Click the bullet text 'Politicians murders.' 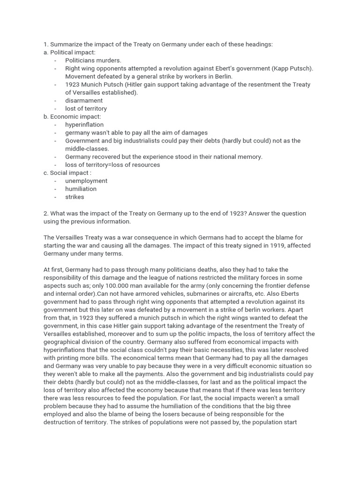pos(93,60)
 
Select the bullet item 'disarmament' pos(83,100)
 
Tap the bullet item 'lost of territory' pos(86,108)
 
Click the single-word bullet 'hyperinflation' pos(84,125)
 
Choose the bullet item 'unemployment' pos(86,181)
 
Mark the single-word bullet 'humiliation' pos(81,189)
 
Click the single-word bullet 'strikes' pos(75,197)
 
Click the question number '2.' pos(46,213)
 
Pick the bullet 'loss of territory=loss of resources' pos(112,165)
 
